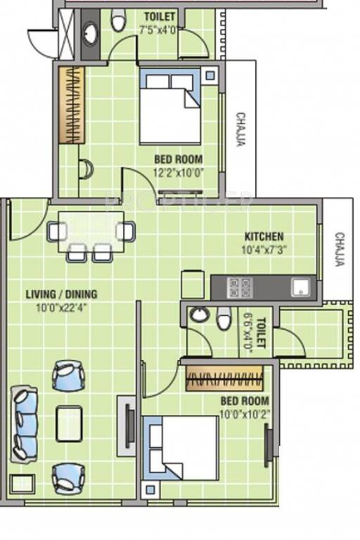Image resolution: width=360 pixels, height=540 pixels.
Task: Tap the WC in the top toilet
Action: tap(118, 22)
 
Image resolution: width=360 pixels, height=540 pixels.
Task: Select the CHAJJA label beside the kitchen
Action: tap(339, 250)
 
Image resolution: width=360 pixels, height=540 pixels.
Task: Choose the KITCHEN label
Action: tap(264, 236)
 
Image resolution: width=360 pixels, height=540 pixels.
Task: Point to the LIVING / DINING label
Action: tap(62, 295)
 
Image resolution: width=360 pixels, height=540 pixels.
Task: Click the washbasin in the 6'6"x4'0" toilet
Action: tap(199, 316)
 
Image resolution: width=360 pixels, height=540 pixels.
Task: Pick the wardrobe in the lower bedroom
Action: tap(224, 379)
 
